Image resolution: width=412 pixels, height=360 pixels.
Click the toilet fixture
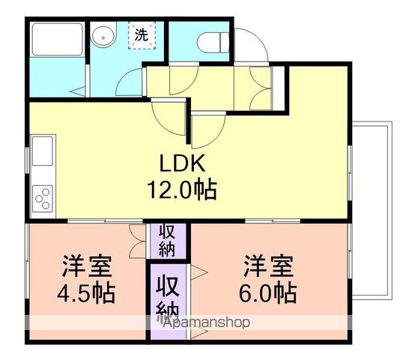pyautogui.click(x=213, y=42)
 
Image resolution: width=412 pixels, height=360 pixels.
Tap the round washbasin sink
pyautogui.click(x=104, y=37)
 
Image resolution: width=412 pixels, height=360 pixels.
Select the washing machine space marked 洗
pyautogui.click(x=142, y=35)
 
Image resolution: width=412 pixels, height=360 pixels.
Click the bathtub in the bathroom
pyautogui.click(x=57, y=40)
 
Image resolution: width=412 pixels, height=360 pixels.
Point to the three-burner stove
pyautogui.click(x=43, y=199)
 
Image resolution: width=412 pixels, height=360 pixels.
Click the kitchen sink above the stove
pyautogui.click(x=43, y=151)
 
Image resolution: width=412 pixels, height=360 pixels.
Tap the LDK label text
pyautogui.click(x=182, y=163)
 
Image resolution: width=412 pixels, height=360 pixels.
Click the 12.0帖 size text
pyautogui.click(x=182, y=190)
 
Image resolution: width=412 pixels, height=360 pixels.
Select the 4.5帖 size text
pyautogui.click(x=86, y=292)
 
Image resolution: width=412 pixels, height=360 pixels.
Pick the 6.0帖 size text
pyautogui.click(x=268, y=292)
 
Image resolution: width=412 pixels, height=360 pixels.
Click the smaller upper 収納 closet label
pyautogui.click(x=167, y=241)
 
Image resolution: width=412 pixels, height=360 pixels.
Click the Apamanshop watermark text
pyautogui.click(x=207, y=322)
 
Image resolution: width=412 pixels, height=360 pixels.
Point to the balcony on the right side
pyautogui.click(x=372, y=210)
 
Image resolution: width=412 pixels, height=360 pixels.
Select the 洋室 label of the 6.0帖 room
pyautogui.click(x=268, y=265)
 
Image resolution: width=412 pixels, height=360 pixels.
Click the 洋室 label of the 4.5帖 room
pyautogui.click(x=87, y=265)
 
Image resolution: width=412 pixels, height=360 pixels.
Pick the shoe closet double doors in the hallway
pyautogui.click(x=260, y=88)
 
